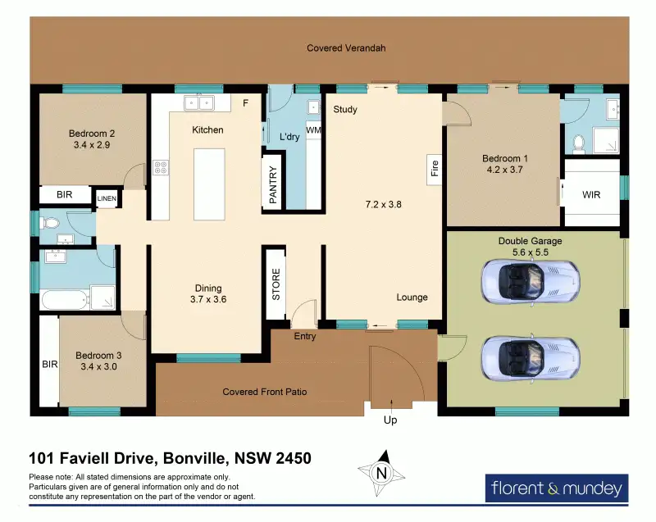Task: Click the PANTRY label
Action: (273, 184)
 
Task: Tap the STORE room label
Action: (276, 284)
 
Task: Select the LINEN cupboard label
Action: (107, 198)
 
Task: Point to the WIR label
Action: (591, 195)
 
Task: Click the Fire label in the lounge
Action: (435, 168)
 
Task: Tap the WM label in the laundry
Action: (313, 130)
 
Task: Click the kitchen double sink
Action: (199, 102)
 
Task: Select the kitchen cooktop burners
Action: (161, 168)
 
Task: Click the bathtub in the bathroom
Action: (66, 299)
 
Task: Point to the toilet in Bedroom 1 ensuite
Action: (579, 143)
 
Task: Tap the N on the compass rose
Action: (381, 473)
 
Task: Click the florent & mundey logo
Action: (557, 488)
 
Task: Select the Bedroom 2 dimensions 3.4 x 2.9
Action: (92, 145)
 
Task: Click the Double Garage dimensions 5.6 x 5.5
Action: (531, 252)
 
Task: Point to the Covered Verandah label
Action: (346, 48)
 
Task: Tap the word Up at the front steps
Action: (390, 420)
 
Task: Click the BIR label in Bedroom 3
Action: (50, 365)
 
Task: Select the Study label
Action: (345, 110)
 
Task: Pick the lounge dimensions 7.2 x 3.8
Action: (383, 204)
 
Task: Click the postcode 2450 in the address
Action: (294, 458)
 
